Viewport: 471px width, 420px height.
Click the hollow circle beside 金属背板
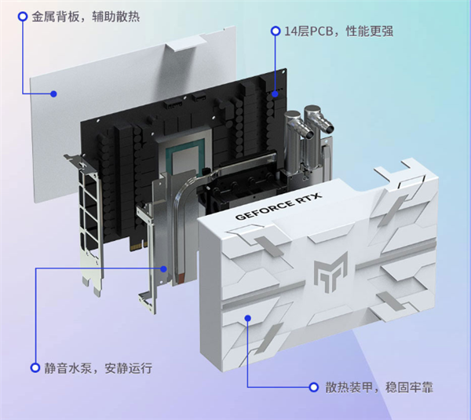[x=12, y=16]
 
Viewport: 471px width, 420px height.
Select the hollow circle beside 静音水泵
[x=35, y=367]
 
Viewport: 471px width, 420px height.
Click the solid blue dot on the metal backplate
[x=53, y=94]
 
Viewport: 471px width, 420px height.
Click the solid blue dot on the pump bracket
[x=164, y=268]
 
